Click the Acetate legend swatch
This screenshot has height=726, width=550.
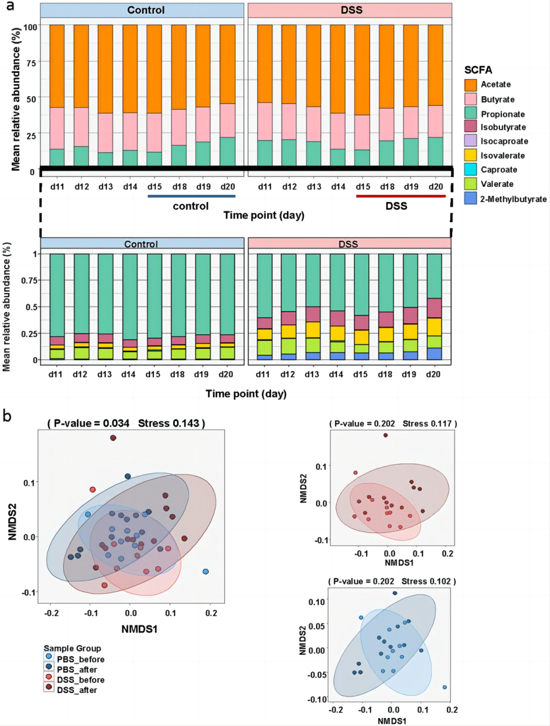(x=471, y=85)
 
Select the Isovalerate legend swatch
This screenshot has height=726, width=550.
(x=471, y=155)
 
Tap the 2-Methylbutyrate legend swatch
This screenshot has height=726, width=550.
(x=471, y=199)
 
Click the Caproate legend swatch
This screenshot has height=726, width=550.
(x=471, y=170)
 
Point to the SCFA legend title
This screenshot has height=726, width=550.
(x=478, y=70)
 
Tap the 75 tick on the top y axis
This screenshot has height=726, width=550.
(x=31, y=63)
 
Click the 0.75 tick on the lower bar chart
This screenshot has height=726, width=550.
(x=29, y=281)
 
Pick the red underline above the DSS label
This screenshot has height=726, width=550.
(x=401, y=196)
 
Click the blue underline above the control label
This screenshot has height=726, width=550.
(x=191, y=196)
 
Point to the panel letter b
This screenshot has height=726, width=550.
(x=7, y=416)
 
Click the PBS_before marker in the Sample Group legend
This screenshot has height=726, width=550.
(x=49, y=657)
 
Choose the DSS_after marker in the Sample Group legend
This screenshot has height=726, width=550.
(x=49, y=687)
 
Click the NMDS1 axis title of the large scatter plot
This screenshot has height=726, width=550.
(x=139, y=629)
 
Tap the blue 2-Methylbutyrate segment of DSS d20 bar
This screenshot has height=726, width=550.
(x=434, y=354)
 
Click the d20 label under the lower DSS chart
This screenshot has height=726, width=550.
(x=433, y=374)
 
